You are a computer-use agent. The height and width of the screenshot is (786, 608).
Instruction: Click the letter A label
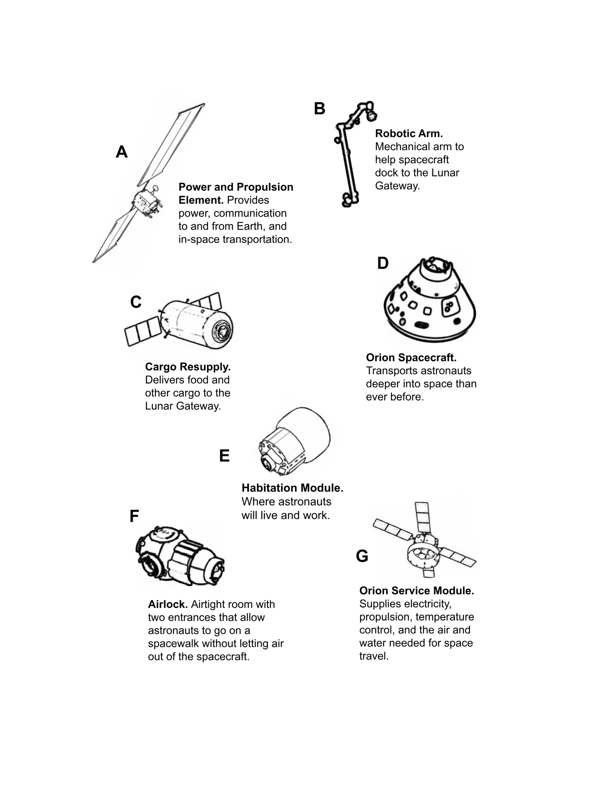122,152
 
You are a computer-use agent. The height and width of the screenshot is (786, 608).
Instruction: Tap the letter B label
319,109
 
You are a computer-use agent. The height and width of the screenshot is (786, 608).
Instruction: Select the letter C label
136,302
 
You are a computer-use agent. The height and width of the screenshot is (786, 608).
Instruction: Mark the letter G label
362,556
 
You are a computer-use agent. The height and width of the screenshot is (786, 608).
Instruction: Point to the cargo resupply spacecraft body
196,325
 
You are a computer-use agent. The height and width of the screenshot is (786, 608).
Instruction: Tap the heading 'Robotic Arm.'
409,133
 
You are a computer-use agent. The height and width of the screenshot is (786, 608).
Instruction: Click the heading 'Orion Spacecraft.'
411,358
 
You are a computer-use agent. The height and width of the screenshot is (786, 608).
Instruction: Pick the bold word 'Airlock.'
168,604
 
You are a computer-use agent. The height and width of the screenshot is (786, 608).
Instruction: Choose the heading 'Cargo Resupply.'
188,367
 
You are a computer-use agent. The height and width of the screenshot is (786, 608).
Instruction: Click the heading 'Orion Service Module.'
417,590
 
